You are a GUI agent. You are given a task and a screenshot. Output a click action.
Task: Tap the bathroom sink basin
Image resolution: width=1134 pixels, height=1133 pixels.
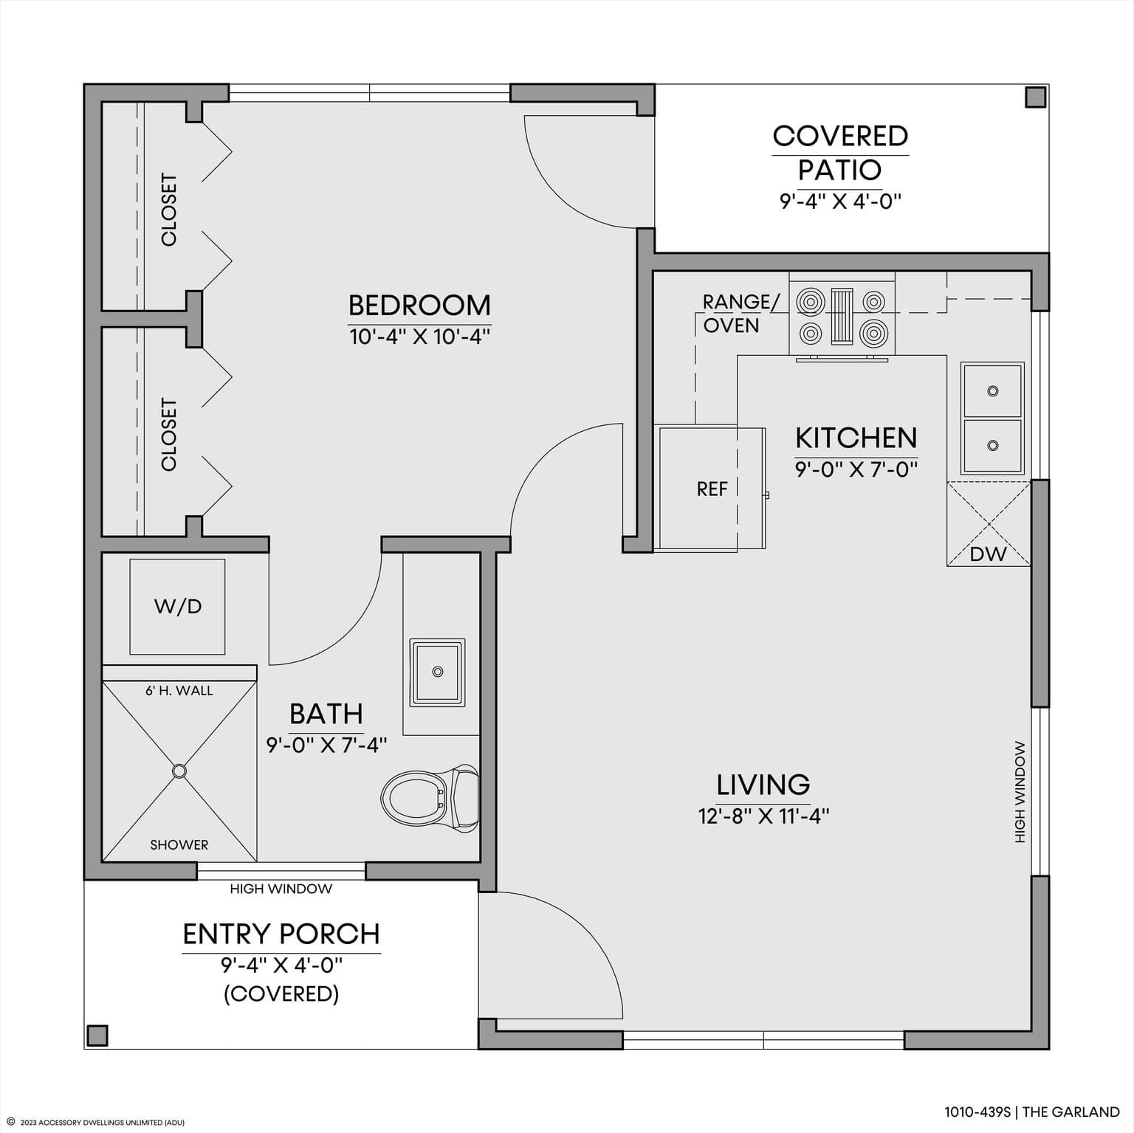point(438,672)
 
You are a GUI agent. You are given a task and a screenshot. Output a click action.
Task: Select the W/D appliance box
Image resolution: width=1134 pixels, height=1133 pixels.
point(177,607)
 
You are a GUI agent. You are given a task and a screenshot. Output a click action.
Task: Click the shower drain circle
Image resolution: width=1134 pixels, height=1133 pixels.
point(179,771)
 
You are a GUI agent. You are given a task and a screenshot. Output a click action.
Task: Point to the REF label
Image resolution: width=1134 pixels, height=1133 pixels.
point(712,489)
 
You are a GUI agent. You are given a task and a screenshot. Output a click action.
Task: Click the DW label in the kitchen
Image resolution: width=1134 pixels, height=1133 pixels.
point(988,554)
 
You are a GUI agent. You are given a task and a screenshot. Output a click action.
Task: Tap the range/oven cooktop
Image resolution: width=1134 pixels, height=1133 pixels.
point(842,317)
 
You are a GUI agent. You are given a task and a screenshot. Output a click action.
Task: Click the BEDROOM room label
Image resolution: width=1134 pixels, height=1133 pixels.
point(419,305)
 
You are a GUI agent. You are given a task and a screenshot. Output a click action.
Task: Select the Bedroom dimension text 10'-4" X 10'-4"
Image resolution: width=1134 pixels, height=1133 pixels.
point(419,337)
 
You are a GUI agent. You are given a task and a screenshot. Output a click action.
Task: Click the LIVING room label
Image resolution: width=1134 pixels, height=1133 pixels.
point(763,785)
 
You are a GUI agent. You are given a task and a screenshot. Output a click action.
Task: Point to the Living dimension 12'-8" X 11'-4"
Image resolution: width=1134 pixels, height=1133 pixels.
point(763,816)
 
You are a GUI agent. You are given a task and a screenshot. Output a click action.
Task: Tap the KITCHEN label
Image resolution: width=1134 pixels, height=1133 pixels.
point(856,438)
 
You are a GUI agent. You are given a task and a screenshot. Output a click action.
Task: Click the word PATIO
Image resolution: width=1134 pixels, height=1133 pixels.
point(840,170)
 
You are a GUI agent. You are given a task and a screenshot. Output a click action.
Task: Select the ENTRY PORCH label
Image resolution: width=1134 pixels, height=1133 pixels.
point(281,934)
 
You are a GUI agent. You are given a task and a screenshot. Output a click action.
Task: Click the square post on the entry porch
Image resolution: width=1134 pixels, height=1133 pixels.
point(97,1035)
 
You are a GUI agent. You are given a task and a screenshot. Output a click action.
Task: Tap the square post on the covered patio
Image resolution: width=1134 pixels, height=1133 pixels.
point(1036,97)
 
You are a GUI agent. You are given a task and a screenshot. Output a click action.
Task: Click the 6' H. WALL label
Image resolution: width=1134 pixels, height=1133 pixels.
point(179,691)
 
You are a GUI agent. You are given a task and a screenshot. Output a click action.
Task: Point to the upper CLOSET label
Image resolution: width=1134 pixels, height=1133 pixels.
point(169,210)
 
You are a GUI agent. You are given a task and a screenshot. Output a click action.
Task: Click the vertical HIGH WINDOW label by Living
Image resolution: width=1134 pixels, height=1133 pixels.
point(1020,792)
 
